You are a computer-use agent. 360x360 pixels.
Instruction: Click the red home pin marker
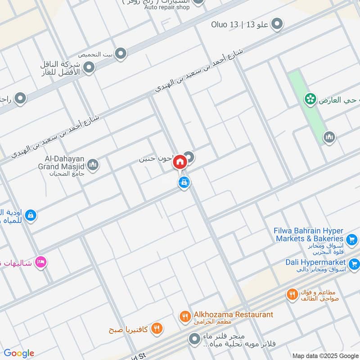coord(180,162)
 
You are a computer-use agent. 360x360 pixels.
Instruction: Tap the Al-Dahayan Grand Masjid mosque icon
coord(93,165)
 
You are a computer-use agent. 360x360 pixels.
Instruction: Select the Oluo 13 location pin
coord(278,24)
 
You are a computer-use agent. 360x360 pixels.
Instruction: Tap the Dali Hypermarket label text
coord(315,262)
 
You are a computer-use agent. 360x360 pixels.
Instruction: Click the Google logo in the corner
coord(19,353)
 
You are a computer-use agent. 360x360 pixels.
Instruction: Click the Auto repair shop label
coord(167,7)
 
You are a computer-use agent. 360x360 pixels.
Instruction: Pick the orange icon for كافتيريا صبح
coord(157,329)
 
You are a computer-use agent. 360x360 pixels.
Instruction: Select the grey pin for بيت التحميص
coord(120,54)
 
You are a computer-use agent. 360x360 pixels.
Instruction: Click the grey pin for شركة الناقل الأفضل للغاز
coord(89,67)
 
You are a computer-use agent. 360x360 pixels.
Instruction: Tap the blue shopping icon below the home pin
coord(184,183)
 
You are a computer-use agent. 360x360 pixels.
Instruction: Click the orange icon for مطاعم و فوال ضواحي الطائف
coord(292,295)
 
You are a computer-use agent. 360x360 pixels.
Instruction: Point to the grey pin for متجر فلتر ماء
coord(194,338)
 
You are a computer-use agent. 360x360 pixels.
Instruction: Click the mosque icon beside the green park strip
coord(329,137)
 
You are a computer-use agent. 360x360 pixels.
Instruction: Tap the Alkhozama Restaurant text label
coord(233,315)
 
